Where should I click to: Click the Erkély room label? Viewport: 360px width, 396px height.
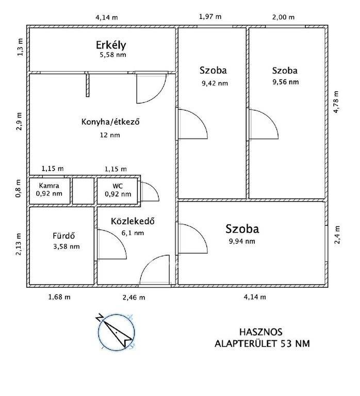pyautogui.click(x=111, y=45)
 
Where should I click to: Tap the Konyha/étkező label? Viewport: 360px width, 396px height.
pyautogui.click(x=110, y=122)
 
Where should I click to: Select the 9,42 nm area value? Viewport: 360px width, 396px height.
pyautogui.click(x=215, y=84)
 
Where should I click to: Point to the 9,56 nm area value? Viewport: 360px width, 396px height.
pyautogui.click(x=286, y=82)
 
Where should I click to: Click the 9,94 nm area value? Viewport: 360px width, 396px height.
pyautogui.click(x=242, y=241)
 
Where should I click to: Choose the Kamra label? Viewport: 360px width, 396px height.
pyautogui.click(x=49, y=186)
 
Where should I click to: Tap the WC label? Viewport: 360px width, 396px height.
pyautogui.click(x=118, y=186)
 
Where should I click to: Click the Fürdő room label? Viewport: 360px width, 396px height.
pyautogui.click(x=63, y=236)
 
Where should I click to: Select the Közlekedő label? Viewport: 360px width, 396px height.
pyautogui.click(x=133, y=221)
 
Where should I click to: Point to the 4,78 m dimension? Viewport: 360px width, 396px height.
pyautogui.click(x=336, y=102)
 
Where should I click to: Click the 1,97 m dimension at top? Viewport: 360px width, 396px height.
pyautogui.click(x=210, y=17)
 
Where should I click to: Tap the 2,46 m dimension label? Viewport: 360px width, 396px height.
pyautogui.click(x=134, y=298)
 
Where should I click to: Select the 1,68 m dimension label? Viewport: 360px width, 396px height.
pyautogui.click(x=59, y=297)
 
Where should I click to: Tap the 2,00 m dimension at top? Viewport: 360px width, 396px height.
pyautogui.click(x=284, y=17)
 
